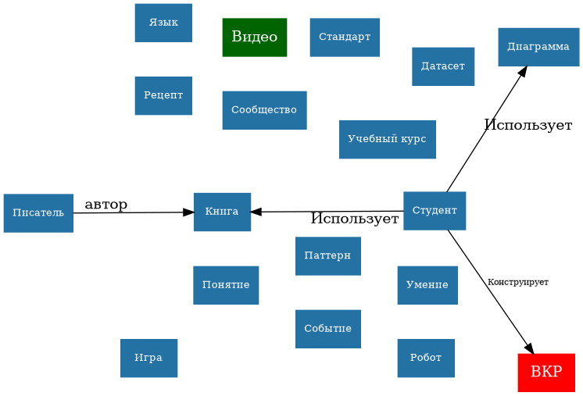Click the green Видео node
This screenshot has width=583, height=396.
point(254,37)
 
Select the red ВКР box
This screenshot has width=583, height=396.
point(545,372)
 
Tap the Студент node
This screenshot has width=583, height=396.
point(435,211)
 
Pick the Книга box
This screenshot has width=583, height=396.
point(222,212)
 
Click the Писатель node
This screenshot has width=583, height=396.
point(38,213)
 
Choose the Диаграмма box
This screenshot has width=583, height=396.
point(538,47)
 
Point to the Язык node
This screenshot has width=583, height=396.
point(163,23)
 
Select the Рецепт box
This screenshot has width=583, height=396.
point(163,95)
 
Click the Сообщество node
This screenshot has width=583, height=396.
point(264,110)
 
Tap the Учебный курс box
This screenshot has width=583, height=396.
point(387,139)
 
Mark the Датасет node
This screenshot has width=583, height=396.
point(442,66)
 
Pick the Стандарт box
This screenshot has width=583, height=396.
point(345,37)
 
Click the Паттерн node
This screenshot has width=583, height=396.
point(327,255)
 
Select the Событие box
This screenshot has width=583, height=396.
point(327,329)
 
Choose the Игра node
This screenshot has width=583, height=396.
point(148,358)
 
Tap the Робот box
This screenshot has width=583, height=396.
point(425,358)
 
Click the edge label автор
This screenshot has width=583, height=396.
point(106,205)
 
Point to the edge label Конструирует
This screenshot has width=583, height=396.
point(517,281)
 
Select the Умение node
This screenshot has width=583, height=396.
point(427,285)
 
